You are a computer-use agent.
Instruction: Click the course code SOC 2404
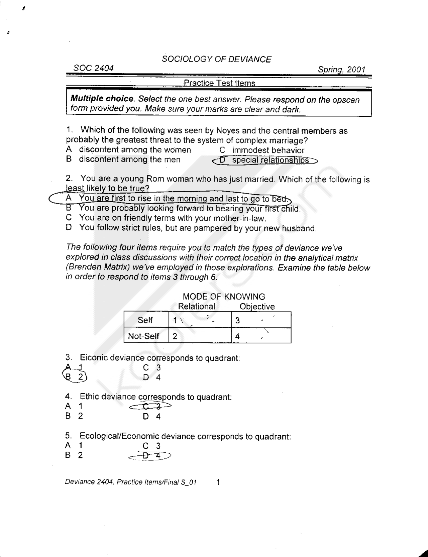pyautogui.click(x=94, y=68)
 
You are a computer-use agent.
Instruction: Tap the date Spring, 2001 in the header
pyautogui.click(x=341, y=70)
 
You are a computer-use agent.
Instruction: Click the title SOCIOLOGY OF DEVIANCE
pyautogui.click(x=216, y=59)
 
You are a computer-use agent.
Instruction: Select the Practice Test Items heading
pyautogui.click(x=219, y=83)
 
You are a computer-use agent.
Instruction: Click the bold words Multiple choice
pyautogui.click(x=102, y=99)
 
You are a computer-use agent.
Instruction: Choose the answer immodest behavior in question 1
pyautogui.click(x=268, y=150)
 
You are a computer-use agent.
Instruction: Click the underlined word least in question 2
pyautogui.click(x=75, y=188)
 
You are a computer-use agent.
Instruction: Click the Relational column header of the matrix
pyautogui.click(x=196, y=306)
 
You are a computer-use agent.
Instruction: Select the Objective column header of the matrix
pyautogui.click(x=257, y=307)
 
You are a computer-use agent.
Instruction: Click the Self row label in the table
pyautogui.click(x=145, y=320)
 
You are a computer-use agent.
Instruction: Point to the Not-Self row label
pyautogui.click(x=143, y=336)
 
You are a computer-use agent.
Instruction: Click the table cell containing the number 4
pyautogui.click(x=261, y=336)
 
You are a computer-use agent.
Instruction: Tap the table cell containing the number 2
pyautogui.click(x=200, y=336)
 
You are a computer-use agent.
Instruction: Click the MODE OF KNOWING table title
pyautogui.click(x=224, y=297)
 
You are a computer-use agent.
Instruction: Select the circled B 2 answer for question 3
pyautogui.click(x=75, y=377)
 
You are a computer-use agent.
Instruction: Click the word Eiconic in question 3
pyautogui.click(x=94, y=358)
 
